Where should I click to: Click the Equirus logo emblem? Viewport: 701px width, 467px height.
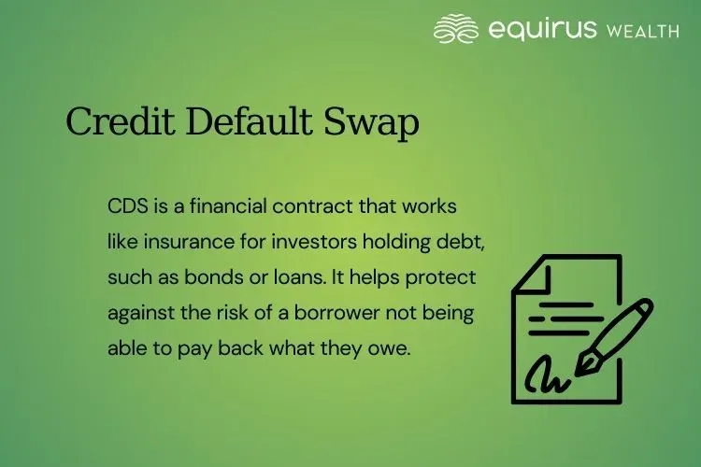456,29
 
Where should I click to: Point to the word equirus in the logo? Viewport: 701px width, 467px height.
541,29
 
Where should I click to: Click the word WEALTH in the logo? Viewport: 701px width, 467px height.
642,31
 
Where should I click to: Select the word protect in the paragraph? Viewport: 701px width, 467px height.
444,278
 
